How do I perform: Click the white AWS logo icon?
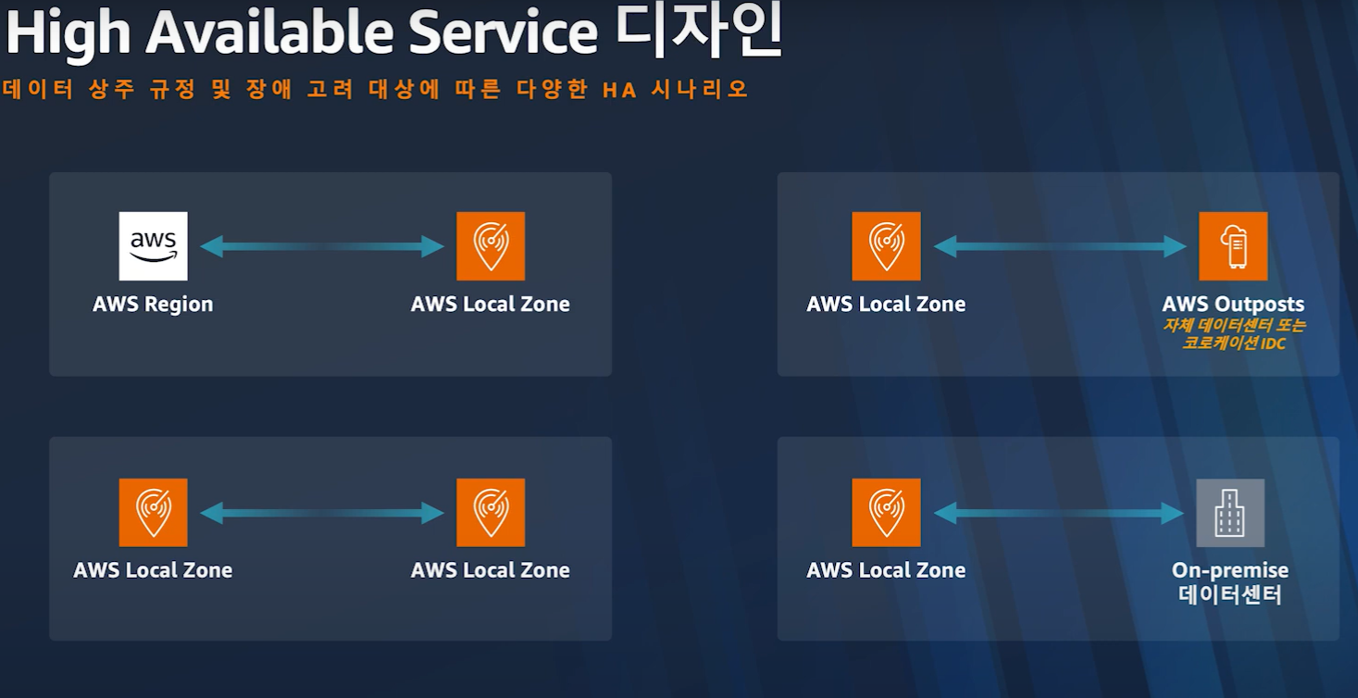[153, 246]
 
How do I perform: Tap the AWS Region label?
[153, 305]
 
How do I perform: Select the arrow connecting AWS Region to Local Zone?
[322, 246]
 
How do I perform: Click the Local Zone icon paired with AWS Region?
[491, 246]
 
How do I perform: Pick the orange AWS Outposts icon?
[1233, 246]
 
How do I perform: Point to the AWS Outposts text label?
[1233, 305]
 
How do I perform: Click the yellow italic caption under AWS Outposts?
[1234, 334]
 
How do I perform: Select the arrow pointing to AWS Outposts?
[1060, 246]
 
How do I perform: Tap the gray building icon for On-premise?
[1230, 513]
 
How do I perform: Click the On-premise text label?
[1230, 570]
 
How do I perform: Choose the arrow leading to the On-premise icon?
[1060, 513]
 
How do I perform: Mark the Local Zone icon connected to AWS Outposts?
[886, 246]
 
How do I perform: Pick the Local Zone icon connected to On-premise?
[886, 513]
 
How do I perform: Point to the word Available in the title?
[274, 34]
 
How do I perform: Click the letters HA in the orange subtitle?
[619, 90]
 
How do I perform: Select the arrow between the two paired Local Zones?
[322, 513]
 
